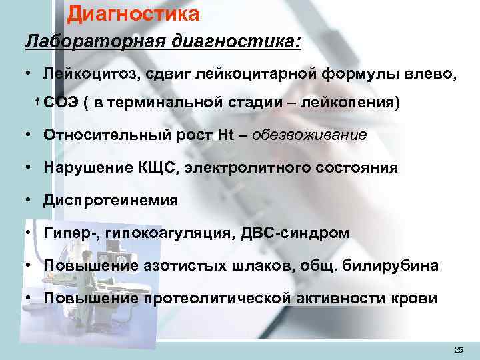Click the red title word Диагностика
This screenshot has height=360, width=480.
click(x=133, y=13)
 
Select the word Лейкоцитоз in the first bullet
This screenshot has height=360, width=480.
click(x=87, y=74)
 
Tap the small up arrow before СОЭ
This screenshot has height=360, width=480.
click(x=37, y=103)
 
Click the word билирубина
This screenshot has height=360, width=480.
click(x=396, y=266)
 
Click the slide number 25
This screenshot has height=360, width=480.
click(x=458, y=349)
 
